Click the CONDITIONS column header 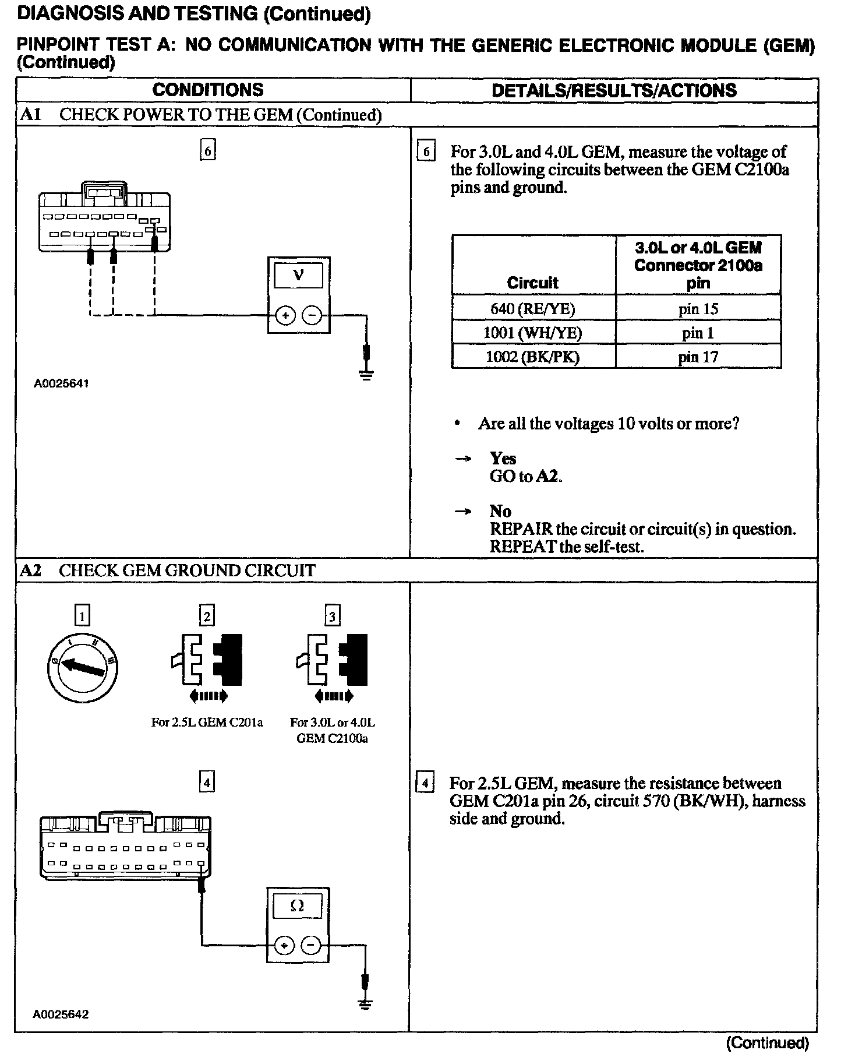click(207, 90)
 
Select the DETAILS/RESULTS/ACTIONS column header click(614, 90)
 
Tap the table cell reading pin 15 click(698, 309)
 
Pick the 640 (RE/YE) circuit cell click(532, 309)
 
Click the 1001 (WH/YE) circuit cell click(532, 333)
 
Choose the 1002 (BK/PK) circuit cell click(532, 357)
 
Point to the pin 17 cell click(698, 357)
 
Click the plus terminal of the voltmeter click(285, 316)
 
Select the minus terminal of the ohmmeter click(311, 945)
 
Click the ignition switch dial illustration click(82, 667)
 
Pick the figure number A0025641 click(61, 383)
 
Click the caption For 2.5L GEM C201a click(207, 723)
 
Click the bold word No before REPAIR click(500, 511)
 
